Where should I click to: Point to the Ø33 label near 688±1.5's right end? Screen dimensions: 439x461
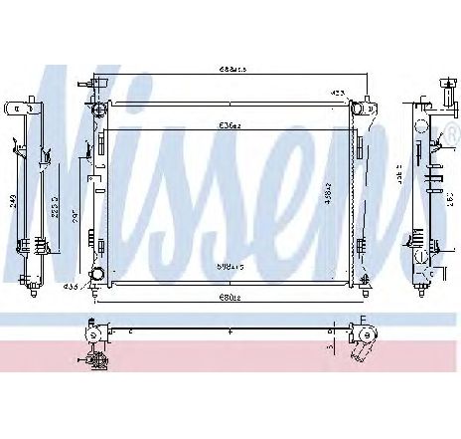[x=338, y=93]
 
